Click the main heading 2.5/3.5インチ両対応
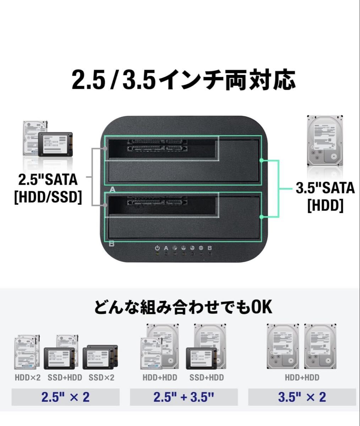tap(184, 80)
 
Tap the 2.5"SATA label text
tap(48, 180)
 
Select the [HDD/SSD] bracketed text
tap(48, 197)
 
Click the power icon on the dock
tap(157, 248)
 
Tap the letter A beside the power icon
tap(166, 248)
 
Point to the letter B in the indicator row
tap(209, 248)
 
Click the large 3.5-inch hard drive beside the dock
tap(325, 141)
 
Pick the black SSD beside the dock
tap(55, 144)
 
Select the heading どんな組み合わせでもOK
tap(183, 307)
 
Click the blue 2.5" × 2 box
tap(66, 397)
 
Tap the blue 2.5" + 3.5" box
tap(184, 397)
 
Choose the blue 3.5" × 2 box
tap(302, 397)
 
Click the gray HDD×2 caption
tap(28, 378)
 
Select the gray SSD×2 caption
tap(102, 378)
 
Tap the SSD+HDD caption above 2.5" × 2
tap(65, 378)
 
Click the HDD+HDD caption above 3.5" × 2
tap(302, 378)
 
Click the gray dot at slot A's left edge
tap(105, 148)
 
